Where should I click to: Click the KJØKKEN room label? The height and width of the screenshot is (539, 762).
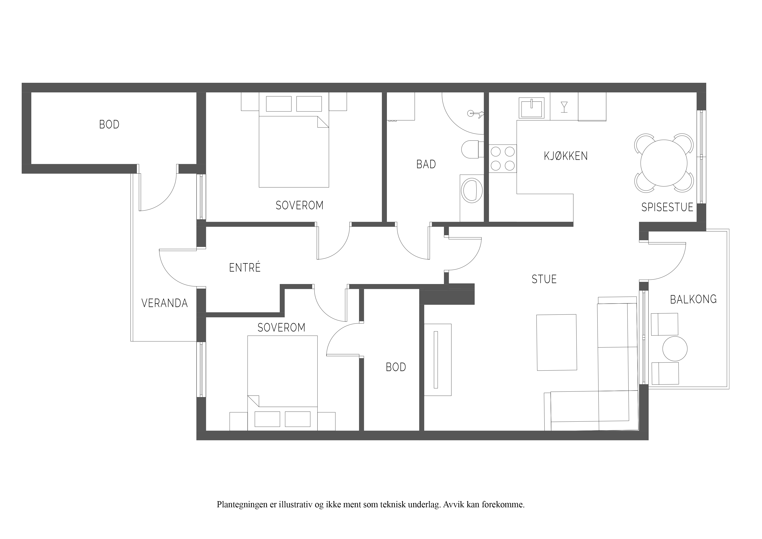click(565, 156)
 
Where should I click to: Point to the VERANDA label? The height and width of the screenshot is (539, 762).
click(165, 303)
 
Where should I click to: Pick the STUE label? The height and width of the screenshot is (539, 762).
click(544, 279)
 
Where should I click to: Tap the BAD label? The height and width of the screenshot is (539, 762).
click(426, 164)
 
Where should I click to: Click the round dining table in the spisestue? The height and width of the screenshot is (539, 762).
click(664, 163)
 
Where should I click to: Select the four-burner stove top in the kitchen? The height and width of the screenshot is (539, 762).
click(502, 158)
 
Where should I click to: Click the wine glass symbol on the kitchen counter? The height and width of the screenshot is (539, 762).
click(564, 107)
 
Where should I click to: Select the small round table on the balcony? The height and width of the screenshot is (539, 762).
click(675, 349)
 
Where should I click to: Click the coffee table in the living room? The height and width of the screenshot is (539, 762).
click(557, 342)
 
